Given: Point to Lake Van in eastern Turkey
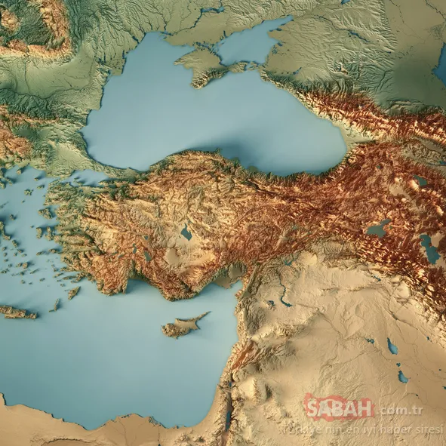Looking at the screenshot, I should [378, 228].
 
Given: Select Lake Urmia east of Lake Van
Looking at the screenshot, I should [429, 249].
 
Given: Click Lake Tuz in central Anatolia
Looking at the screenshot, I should [186, 233].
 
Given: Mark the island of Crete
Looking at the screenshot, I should [17, 312].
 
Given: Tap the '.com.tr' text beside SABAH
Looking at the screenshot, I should [399, 411].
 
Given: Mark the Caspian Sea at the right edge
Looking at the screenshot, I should [441, 68].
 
